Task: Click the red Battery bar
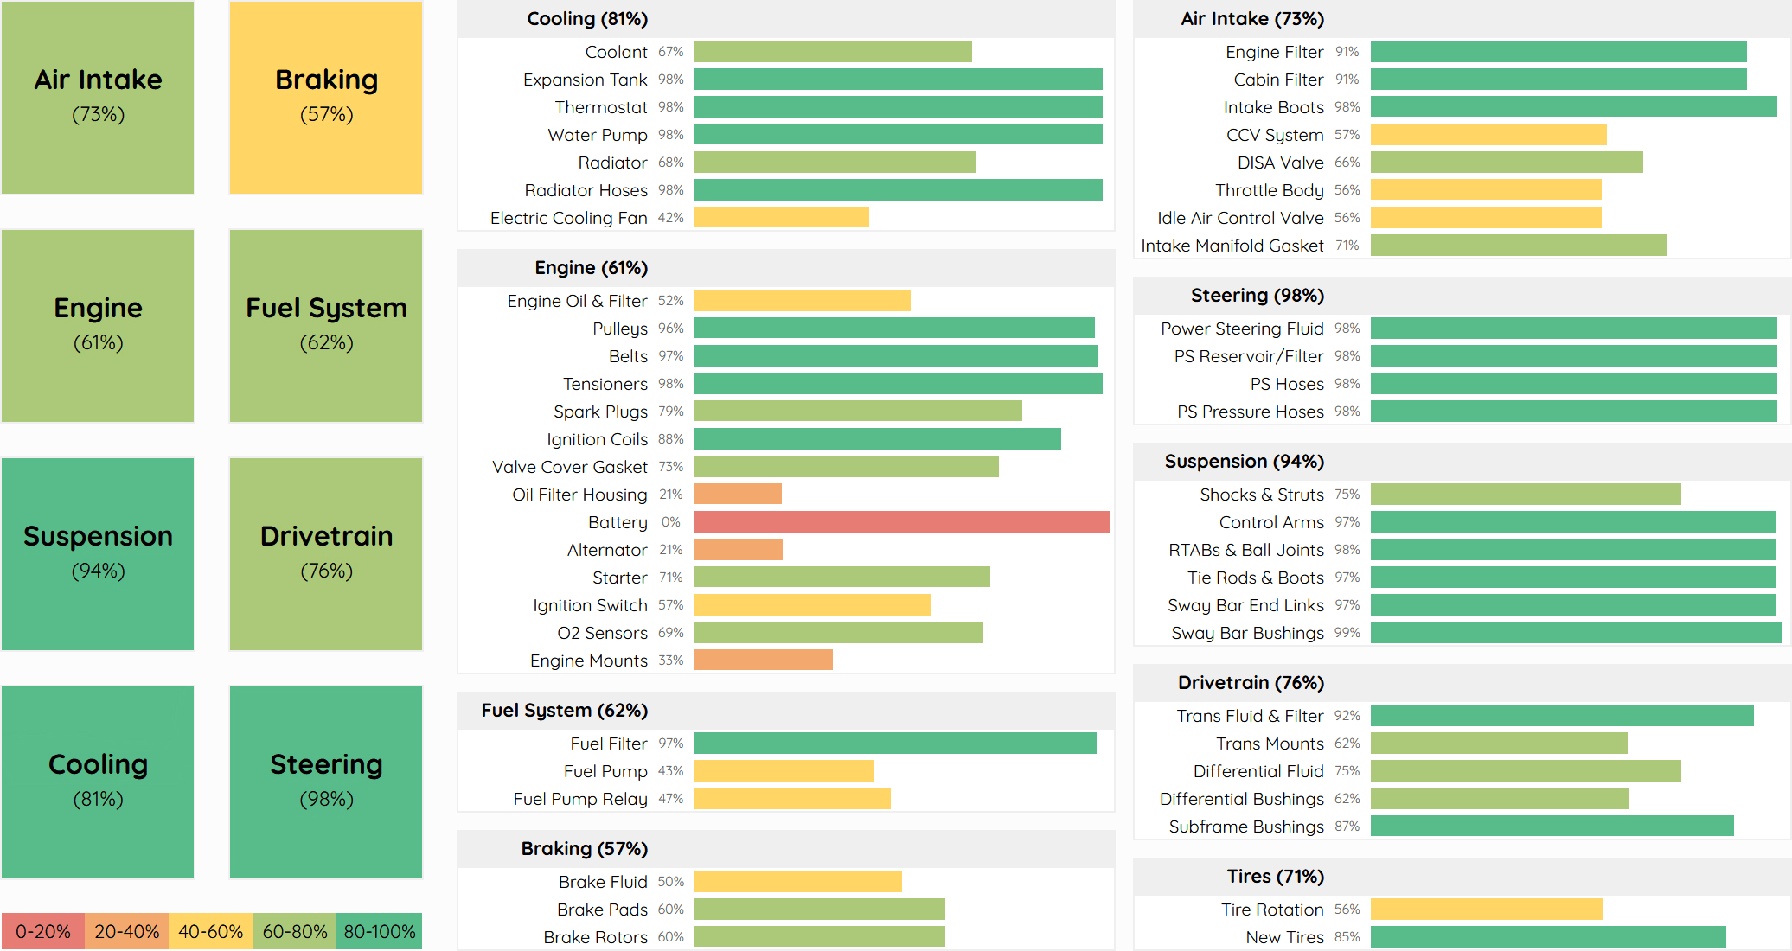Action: [901, 522]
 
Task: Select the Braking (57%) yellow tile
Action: [326, 98]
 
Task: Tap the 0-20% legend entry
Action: [42, 931]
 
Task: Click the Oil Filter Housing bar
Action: [738, 495]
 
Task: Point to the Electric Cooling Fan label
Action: [568, 218]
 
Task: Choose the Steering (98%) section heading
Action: [1257, 296]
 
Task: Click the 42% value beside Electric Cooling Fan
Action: [670, 218]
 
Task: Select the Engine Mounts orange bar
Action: [763, 661]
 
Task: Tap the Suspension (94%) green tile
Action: [98, 554]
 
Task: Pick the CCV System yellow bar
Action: [1488, 135]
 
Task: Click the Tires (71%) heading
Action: [1275, 877]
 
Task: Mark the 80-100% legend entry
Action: [379, 931]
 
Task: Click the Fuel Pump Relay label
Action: [579, 799]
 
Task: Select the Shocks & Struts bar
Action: [1525, 495]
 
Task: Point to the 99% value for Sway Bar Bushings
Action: [1347, 633]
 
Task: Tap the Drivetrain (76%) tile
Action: [326, 554]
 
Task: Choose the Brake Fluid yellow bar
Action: [797, 882]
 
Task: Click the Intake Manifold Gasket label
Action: [1232, 246]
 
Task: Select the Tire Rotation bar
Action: [1486, 910]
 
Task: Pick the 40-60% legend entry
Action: [210, 931]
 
